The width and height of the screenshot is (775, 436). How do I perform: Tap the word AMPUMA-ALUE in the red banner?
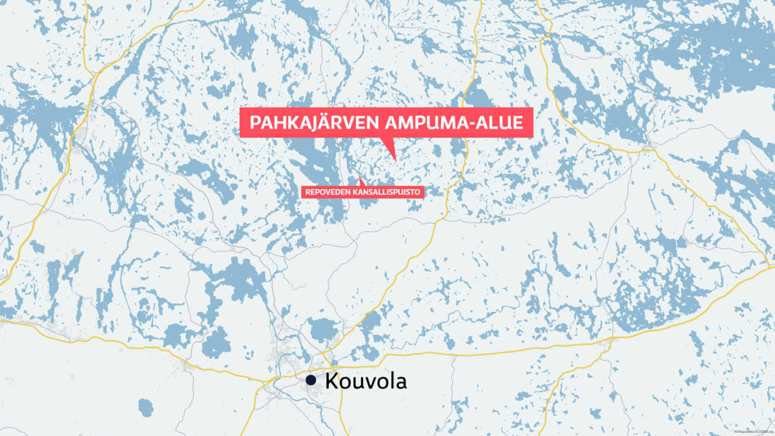(x=456, y=123)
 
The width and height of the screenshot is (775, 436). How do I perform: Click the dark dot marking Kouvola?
(x=311, y=380)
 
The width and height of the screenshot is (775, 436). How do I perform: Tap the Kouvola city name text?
(x=366, y=380)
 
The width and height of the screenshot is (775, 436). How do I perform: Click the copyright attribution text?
(x=752, y=431)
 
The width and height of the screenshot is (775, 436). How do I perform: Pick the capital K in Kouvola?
(x=332, y=380)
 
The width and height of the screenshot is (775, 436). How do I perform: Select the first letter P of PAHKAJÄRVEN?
(x=254, y=123)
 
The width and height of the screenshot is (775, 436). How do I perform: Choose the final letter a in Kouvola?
(x=401, y=382)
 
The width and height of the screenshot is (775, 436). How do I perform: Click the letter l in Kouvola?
(x=391, y=380)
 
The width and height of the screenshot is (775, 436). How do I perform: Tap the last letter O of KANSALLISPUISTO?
(x=418, y=191)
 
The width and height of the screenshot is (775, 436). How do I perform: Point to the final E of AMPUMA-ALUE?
(x=516, y=123)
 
